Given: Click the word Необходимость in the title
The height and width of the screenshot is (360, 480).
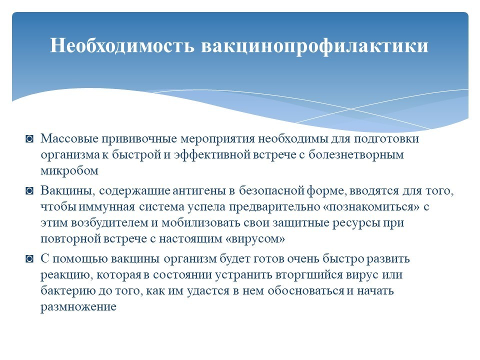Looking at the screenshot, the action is click(x=122, y=45).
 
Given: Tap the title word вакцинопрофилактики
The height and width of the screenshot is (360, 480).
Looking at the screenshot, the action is click(x=314, y=46).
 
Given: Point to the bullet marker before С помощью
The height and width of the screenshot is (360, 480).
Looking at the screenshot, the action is click(x=29, y=259).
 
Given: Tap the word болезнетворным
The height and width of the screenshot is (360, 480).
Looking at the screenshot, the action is click(x=356, y=155).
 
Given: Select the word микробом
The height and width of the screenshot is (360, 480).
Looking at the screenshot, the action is click(x=69, y=171).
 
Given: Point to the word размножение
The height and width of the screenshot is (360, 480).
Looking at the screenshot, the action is click(x=78, y=307).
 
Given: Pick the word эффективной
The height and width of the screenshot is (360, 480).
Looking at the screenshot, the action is click(x=212, y=155).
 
